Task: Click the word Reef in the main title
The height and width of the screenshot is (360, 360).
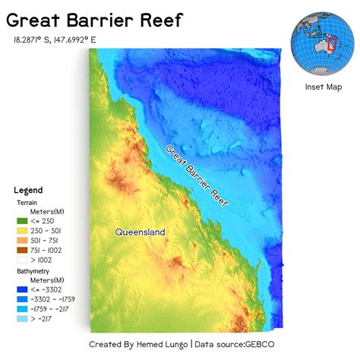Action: pos(157,20)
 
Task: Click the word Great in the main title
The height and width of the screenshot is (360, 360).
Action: pos(34,20)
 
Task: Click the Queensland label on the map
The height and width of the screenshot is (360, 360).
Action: pos(140,232)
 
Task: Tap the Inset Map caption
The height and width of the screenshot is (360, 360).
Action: pos(324,87)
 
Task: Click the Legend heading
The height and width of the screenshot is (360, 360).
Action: pos(29,189)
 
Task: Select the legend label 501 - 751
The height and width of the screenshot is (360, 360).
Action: pos(49,240)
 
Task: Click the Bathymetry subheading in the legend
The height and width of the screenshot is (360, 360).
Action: pos(35,270)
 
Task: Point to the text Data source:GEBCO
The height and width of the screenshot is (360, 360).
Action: pos(232,344)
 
